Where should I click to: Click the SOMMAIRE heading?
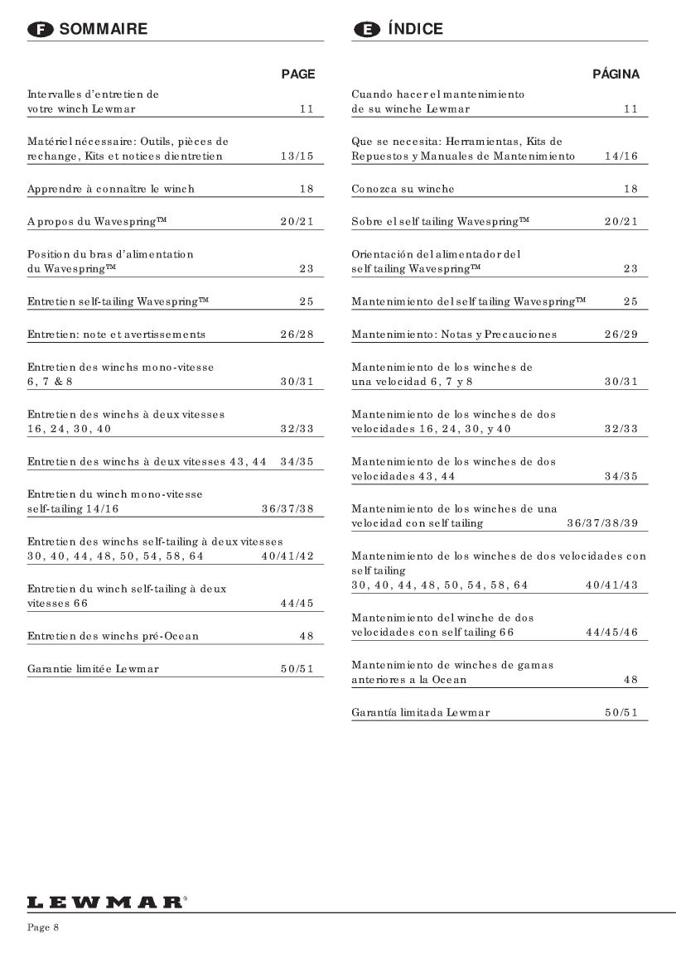(104, 29)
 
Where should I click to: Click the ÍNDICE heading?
(415, 29)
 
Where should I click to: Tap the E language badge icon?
(365, 30)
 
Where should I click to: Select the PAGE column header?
(298, 75)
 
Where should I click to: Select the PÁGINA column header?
(616, 75)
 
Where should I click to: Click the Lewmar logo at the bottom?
(104, 901)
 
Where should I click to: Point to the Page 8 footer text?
(43, 927)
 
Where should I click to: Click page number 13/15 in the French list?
(297, 157)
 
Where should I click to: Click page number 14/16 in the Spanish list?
(621, 157)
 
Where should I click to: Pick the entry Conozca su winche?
(403, 190)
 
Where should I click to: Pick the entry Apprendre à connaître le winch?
(111, 190)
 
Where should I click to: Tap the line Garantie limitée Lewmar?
(93, 669)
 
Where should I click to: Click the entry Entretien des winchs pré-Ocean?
(113, 637)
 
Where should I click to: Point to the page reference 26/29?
(621, 335)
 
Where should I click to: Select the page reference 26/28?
(297, 335)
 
